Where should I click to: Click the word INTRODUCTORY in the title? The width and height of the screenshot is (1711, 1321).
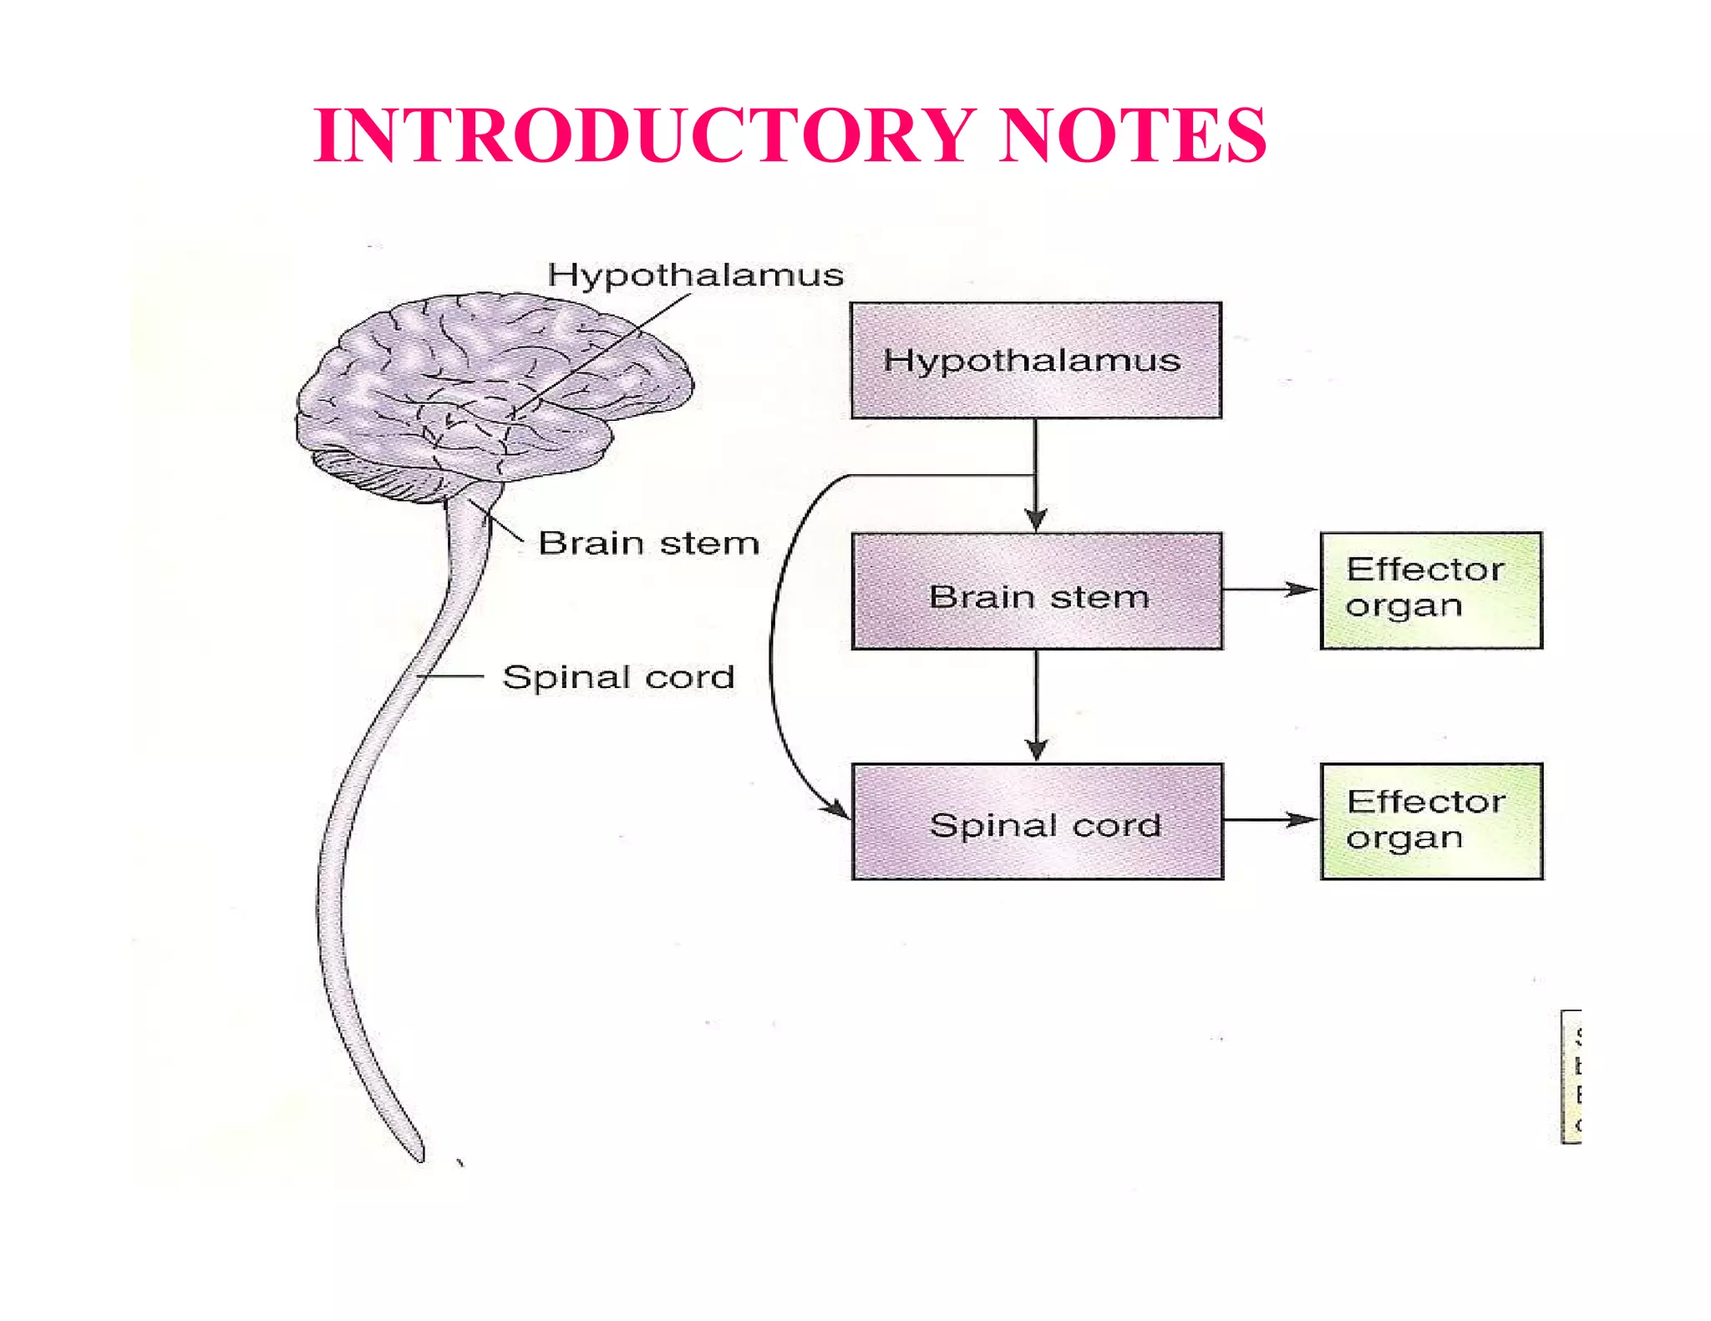(643, 135)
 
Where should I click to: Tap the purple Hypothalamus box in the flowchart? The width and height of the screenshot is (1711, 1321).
(1036, 361)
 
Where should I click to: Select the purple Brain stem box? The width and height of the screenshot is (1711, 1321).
(1037, 591)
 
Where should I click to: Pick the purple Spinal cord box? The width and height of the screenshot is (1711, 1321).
(1037, 822)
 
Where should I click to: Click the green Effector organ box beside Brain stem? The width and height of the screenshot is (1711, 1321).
(1431, 590)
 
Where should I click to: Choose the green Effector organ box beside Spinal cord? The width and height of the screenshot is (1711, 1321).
(1431, 821)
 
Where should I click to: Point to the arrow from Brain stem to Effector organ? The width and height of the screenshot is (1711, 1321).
(1270, 590)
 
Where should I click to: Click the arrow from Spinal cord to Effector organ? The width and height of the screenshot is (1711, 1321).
(1270, 820)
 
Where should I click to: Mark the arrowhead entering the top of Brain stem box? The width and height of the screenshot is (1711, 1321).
(1036, 519)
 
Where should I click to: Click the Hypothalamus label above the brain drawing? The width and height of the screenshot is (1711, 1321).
(695, 276)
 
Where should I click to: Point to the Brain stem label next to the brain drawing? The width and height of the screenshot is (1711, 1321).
(648, 544)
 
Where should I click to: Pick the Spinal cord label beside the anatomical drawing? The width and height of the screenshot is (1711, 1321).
(618, 677)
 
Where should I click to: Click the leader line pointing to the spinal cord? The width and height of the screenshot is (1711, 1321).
(451, 676)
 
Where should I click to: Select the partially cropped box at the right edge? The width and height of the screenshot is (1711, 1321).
(1571, 1076)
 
